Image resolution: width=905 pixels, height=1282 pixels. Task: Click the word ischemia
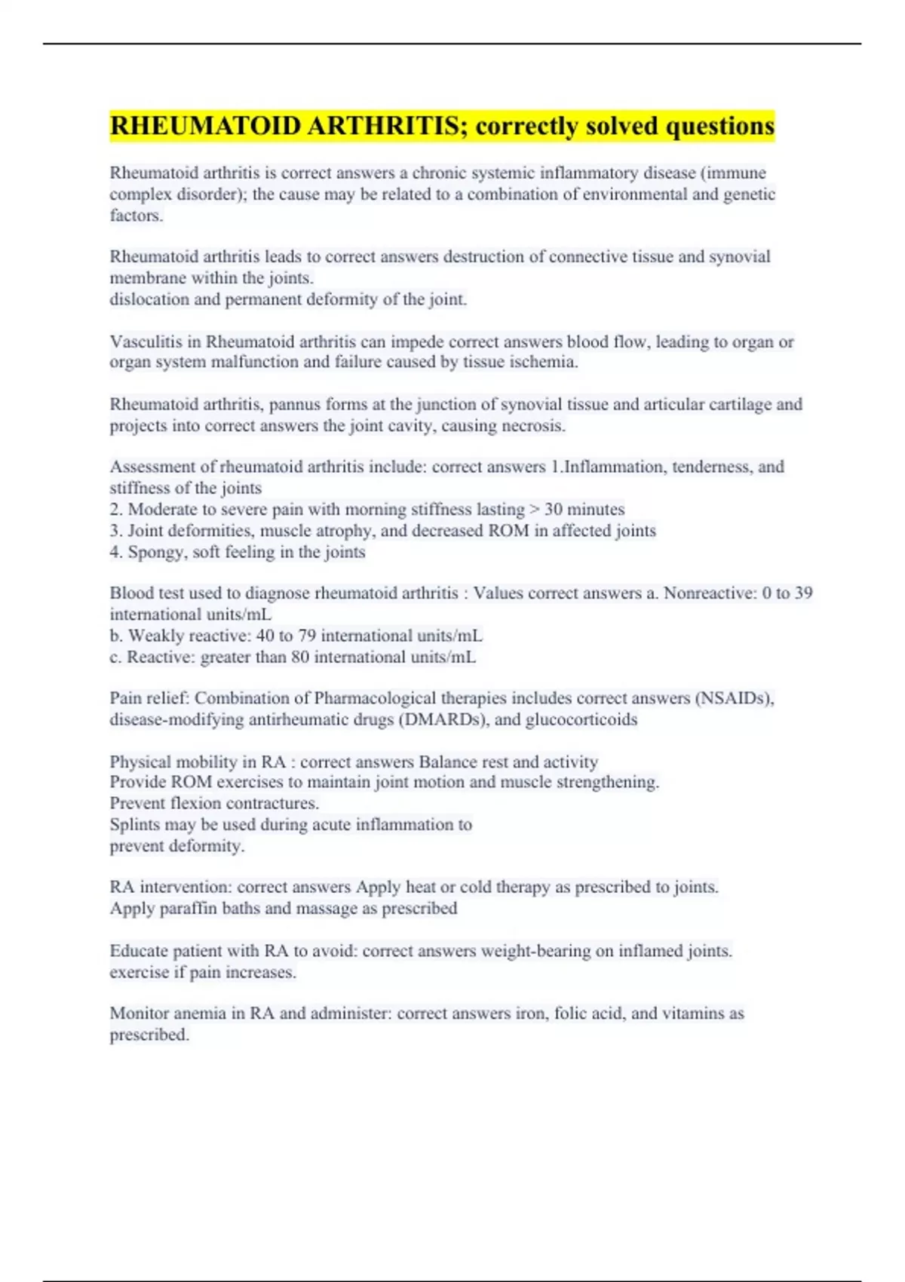click(x=545, y=362)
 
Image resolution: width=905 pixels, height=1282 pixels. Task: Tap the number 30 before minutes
click(x=554, y=510)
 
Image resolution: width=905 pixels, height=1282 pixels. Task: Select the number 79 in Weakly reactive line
click(x=307, y=636)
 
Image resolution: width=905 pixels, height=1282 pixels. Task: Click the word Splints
click(x=134, y=824)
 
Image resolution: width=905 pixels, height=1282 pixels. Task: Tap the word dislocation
click(x=149, y=299)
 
